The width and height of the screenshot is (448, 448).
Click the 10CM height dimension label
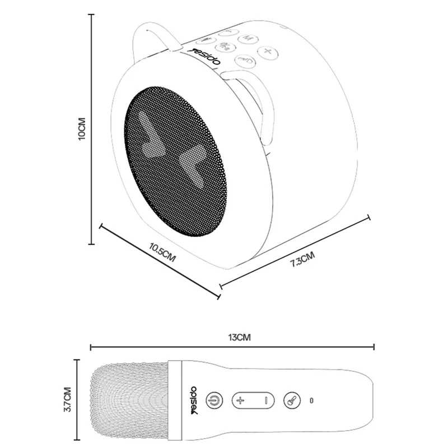point(82,128)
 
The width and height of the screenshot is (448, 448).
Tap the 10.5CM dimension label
point(162,254)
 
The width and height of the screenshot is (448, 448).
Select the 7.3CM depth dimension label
point(302,259)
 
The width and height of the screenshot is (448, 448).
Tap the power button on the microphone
point(213,400)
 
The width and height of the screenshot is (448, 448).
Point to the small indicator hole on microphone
point(312,400)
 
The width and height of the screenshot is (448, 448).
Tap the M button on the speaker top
point(248,38)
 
